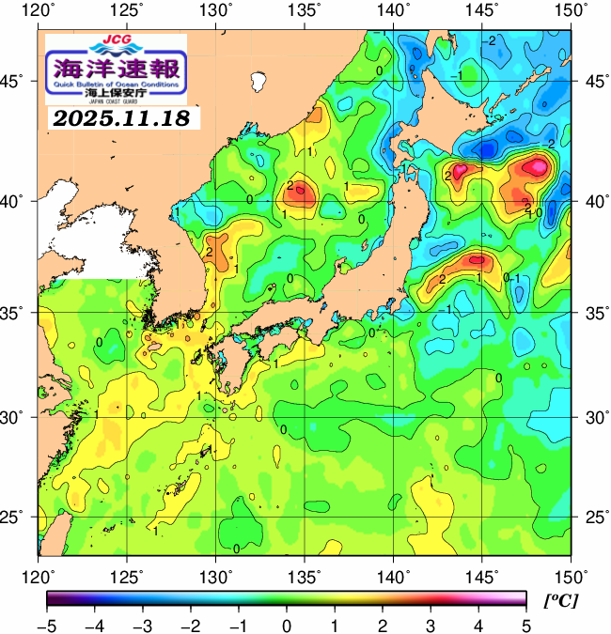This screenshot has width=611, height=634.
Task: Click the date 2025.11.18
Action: point(119,118)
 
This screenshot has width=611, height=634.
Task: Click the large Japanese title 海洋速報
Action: point(117,68)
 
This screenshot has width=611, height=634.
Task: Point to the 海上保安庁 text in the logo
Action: point(116,94)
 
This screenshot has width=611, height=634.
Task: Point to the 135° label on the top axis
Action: point(305,11)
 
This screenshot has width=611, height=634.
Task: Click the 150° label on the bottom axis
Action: point(567,575)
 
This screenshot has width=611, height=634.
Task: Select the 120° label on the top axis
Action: point(39,11)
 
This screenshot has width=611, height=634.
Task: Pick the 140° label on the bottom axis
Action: point(392,575)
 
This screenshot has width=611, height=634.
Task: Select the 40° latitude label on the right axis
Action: point(592,201)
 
